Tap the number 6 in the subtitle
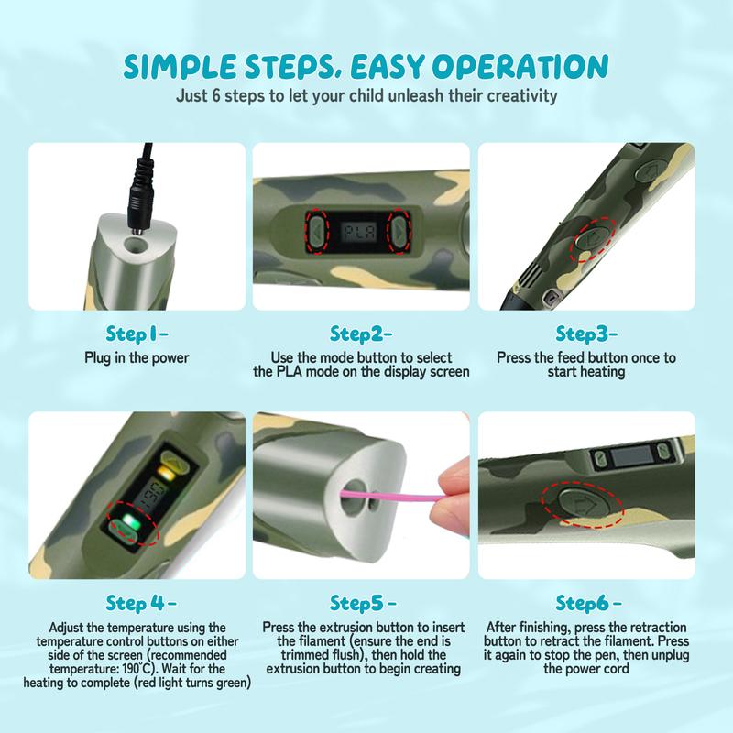[x=215, y=96]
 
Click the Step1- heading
[x=137, y=334]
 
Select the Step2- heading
[x=361, y=334]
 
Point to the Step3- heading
[x=586, y=334]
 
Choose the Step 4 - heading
[x=141, y=603]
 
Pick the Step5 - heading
[x=363, y=603]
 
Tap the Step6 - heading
[x=588, y=603]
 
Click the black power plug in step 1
[x=142, y=191]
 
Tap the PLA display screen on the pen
[x=358, y=232]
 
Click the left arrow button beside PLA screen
[x=317, y=232]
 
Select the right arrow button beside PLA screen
[x=399, y=232]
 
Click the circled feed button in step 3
[x=593, y=238]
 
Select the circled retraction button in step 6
[x=585, y=504]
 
